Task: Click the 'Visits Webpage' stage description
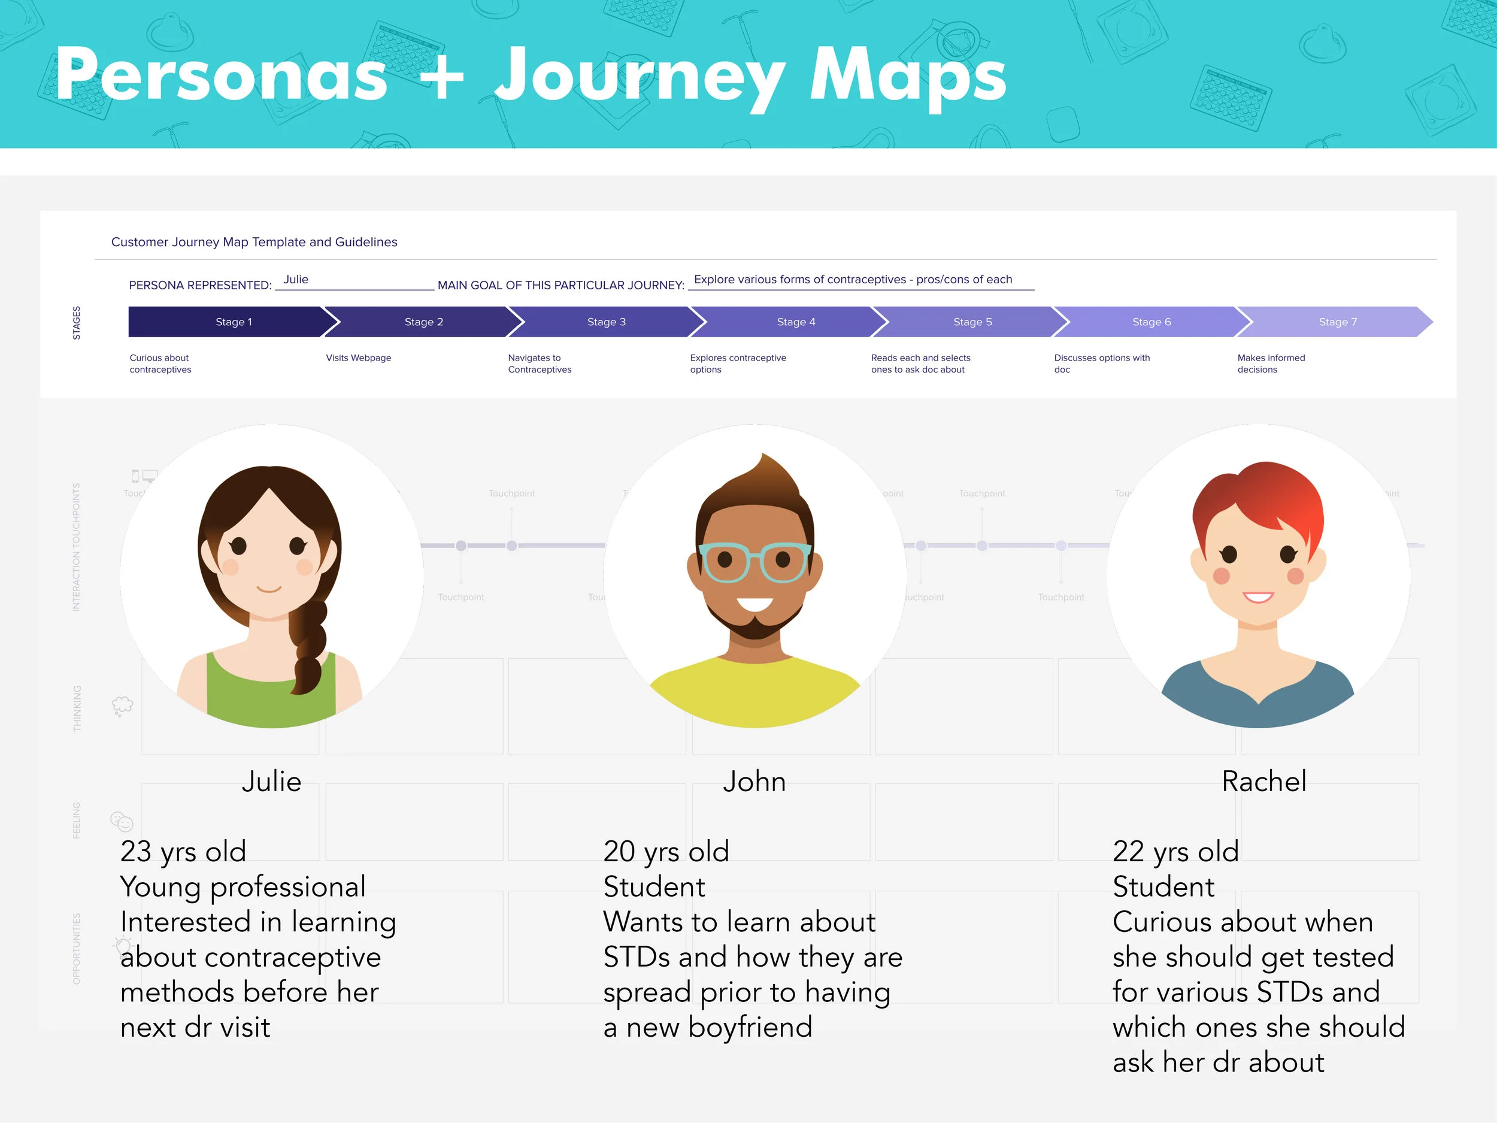(358, 358)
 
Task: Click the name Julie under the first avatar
(271, 782)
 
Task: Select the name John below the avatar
(754, 782)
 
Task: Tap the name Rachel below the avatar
(1263, 782)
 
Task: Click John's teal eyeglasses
(754, 562)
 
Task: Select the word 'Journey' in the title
(640, 78)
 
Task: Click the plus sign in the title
(441, 76)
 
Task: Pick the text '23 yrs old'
(183, 852)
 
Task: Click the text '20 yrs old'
(666, 852)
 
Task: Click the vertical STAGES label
(77, 323)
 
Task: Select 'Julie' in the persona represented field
(296, 280)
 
